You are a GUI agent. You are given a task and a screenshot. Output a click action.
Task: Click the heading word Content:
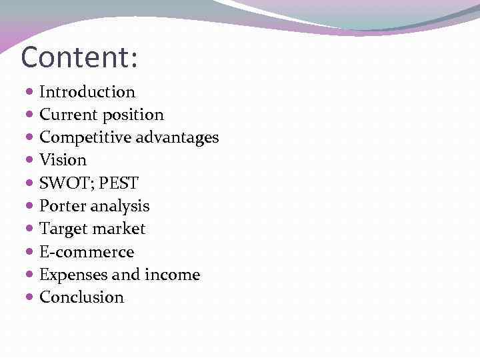click(x=79, y=57)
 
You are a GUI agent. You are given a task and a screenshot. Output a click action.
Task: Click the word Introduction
click(x=87, y=92)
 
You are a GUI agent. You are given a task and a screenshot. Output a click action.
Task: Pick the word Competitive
click(x=85, y=138)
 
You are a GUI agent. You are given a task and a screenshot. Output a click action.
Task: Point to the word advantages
click(x=177, y=138)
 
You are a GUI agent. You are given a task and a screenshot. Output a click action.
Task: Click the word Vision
click(x=63, y=160)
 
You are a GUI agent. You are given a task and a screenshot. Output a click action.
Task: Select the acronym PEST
click(x=119, y=183)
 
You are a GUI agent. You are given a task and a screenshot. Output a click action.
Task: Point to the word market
click(x=119, y=229)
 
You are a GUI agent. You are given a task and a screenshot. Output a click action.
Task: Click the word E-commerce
click(x=87, y=252)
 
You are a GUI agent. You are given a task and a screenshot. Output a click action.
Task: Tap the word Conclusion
click(x=82, y=297)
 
